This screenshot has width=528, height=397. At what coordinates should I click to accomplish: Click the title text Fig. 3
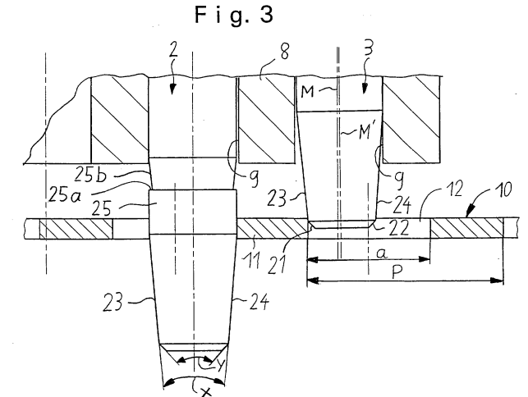pyautogui.click(x=234, y=15)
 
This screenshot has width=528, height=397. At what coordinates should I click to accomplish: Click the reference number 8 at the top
pyautogui.click(x=285, y=52)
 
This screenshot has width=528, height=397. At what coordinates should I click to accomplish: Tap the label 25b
pyautogui.click(x=90, y=175)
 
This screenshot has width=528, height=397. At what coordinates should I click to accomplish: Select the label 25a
pyautogui.click(x=66, y=194)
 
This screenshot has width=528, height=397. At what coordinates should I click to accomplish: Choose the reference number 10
pyautogui.click(x=503, y=189)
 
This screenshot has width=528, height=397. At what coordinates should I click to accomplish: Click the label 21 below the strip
pyautogui.click(x=277, y=263)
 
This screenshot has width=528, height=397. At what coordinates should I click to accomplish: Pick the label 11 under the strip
pyautogui.click(x=252, y=260)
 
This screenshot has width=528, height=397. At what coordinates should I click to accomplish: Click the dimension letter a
pyautogui.click(x=381, y=253)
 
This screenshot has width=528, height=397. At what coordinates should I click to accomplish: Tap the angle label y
pyautogui.click(x=220, y=364)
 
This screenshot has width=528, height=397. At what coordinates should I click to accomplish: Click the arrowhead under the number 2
pyautogui.click(x=172, y=89)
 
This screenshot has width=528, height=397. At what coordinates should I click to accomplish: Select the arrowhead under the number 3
pyautogui.click(x=364, y=88)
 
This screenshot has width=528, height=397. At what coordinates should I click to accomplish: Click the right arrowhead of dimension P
pyautogui.click(x=497, y=281)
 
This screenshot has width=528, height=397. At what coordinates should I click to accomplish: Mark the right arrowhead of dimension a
pyautogui.click(x=424, y=259)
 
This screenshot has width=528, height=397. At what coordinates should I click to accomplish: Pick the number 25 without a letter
pyautogui.click(x=101, y=208)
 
